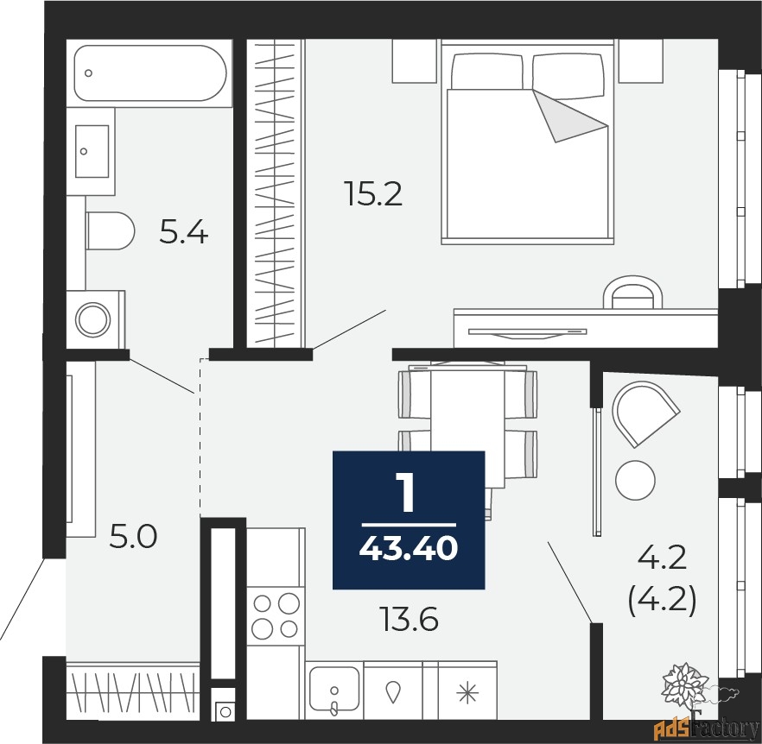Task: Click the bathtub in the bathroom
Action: [150, 73]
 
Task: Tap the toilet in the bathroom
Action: [110, 230]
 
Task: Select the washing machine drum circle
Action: [92, 320]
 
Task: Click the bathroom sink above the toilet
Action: [92, 152]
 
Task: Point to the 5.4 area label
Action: [184, 232]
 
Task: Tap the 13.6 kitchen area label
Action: [410, 620]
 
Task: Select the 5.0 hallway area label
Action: [133, 537]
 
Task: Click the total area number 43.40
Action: [408, 549]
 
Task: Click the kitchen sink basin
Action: [334, 690]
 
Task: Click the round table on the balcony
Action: [635, 480]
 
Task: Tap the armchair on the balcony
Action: [645, 413]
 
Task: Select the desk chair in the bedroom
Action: [632, 293]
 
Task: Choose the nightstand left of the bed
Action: [415, 60]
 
